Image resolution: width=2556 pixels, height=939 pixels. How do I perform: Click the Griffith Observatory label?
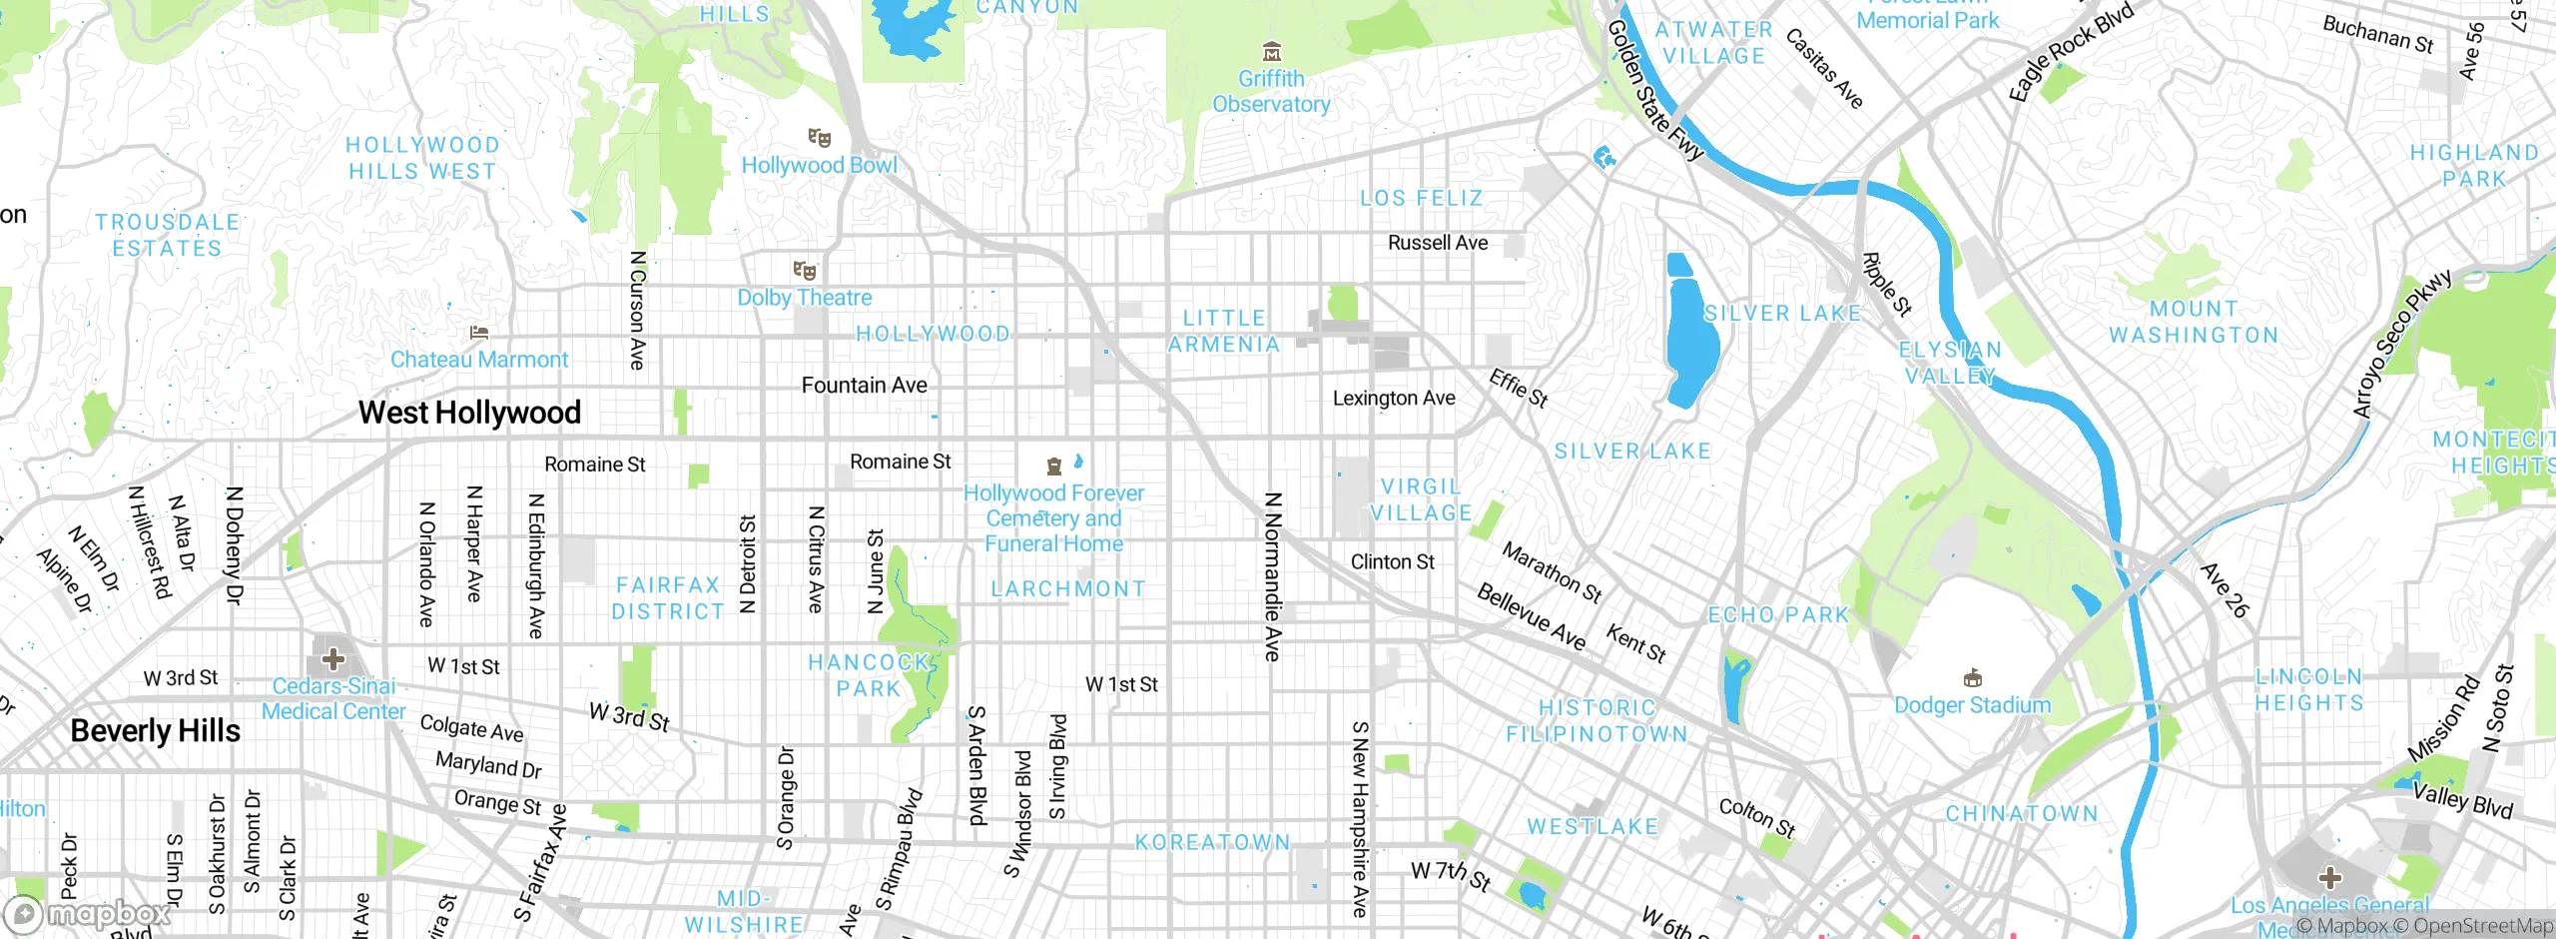(x=1271, y=91)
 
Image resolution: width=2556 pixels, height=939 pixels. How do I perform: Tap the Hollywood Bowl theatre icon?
(x=819, y=138)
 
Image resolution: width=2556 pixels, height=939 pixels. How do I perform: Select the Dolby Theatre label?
(x=805, y=298)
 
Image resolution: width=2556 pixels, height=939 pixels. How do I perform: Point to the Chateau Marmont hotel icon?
(x=479, y=333)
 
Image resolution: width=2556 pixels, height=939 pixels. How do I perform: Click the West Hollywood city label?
(x=469, y=413)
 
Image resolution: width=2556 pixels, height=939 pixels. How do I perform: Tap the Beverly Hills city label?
(x=156, y=731)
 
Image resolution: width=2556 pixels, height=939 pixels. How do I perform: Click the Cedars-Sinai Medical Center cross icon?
(x=333, y=658)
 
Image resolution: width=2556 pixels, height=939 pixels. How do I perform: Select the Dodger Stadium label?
(x=1972, y=705)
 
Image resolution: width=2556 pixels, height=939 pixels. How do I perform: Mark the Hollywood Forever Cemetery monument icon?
(x=1053, y=467)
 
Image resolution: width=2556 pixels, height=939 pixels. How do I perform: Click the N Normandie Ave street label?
(x=1272, y=576)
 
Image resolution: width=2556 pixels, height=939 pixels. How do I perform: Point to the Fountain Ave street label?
(x=865, y=386)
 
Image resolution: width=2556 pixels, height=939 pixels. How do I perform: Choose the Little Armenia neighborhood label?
(x=1224, y=332)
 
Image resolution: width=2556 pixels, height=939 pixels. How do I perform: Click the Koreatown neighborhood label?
(x=1213, y=843)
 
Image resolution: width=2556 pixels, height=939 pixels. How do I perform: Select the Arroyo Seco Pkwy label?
(x=2401, y=344)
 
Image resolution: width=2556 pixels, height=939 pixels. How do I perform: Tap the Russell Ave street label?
(x=1438, y=243)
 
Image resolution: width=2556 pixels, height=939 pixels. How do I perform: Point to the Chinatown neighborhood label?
(x=2022, y=814)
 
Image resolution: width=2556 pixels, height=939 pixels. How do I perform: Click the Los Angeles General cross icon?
(x=2329, y=878)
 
